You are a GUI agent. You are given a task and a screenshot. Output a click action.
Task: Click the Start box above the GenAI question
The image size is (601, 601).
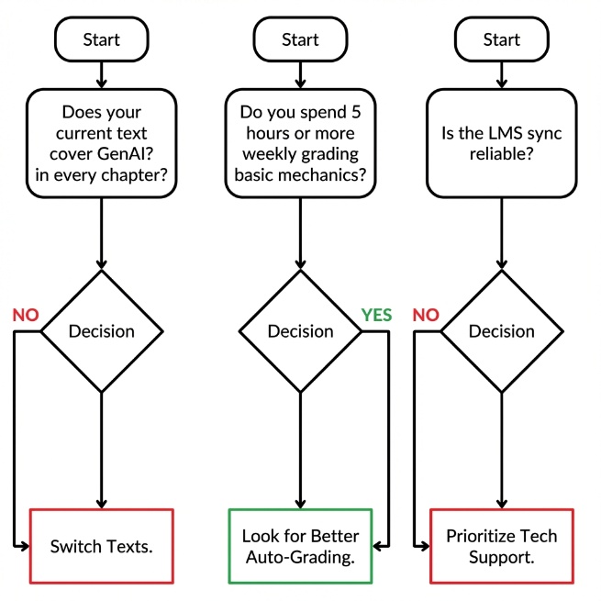101,39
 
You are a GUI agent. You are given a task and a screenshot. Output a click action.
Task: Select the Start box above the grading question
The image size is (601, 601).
300,39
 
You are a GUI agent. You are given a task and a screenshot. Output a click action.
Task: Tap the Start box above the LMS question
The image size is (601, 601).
501,39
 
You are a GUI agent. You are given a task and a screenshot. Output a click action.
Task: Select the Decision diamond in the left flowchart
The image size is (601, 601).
101,331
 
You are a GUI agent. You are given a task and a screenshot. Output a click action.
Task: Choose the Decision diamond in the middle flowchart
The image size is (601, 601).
300,331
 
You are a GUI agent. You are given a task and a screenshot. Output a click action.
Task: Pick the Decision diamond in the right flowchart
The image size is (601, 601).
501,331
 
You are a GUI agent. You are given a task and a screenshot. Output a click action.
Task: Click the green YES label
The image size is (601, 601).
376,315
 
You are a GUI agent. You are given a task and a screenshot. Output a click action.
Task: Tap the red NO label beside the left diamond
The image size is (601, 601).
26,315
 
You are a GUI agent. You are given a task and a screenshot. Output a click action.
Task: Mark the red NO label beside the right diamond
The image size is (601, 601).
427,315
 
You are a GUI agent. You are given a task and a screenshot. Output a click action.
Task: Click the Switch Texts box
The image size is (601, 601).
101,546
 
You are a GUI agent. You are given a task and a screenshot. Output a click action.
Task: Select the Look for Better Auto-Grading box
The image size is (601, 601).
300,546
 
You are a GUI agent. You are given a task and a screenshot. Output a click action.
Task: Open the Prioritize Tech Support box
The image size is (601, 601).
501,546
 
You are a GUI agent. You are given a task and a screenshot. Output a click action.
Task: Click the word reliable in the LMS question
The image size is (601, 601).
501,154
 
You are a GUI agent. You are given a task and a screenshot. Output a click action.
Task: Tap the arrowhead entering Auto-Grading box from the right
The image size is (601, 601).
379,546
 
